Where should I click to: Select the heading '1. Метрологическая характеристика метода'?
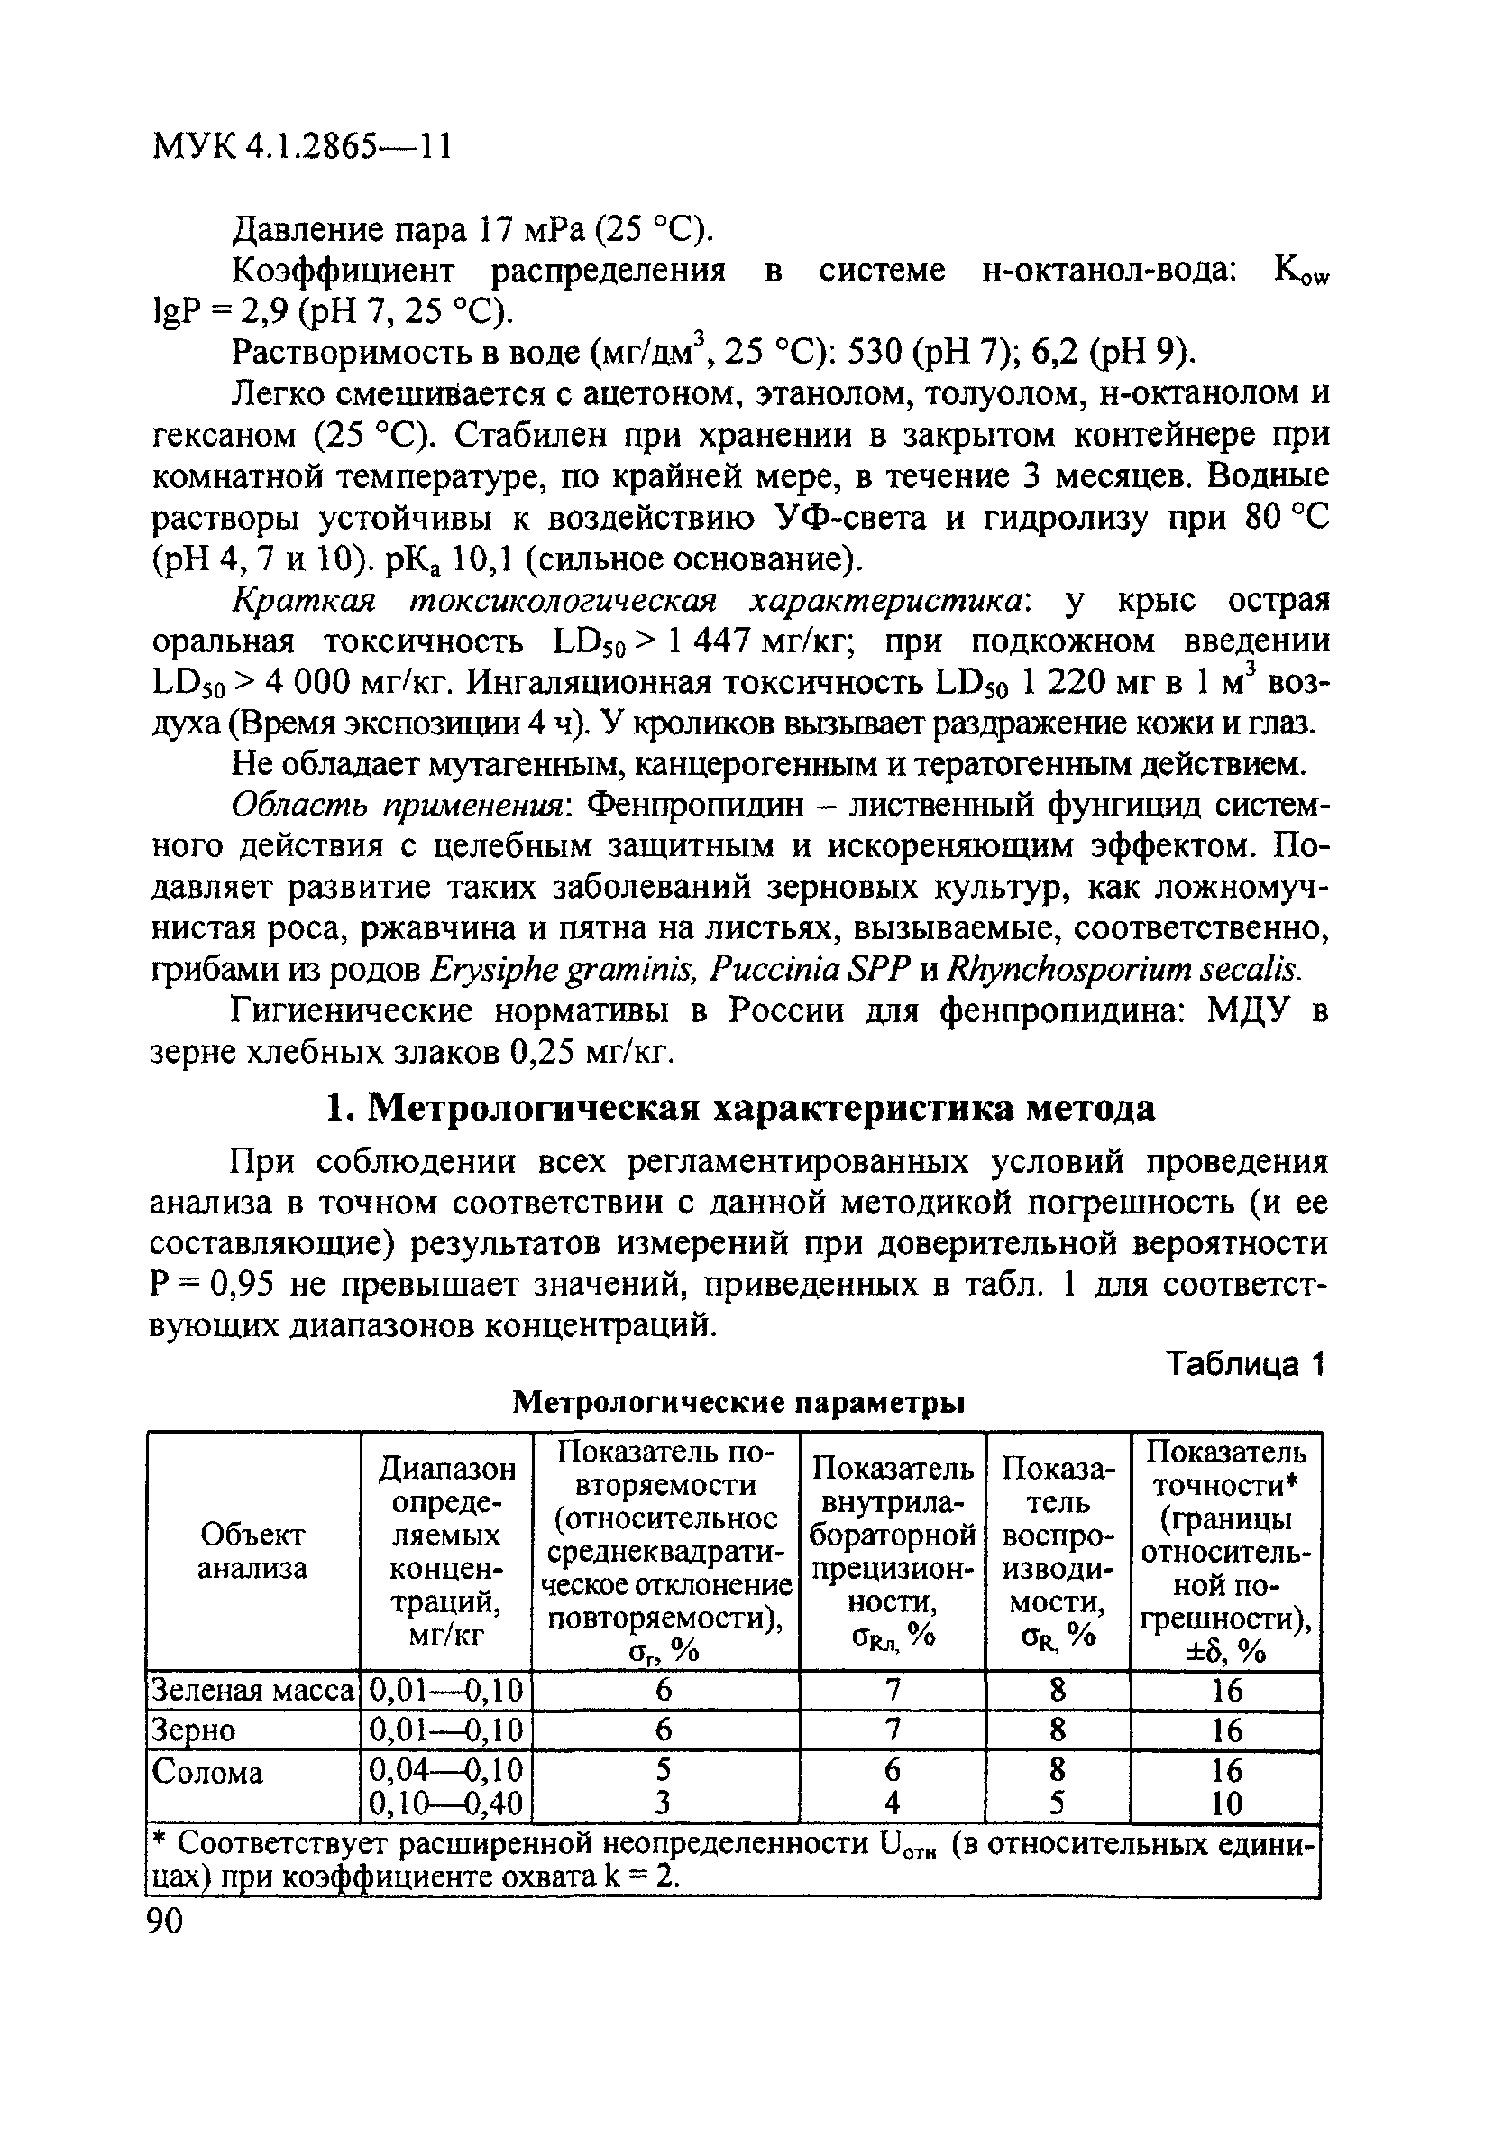click(x=741, y=1108)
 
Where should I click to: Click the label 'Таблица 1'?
click(x=1246, y=1363)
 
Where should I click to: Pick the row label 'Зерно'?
click(x=194, y=1730)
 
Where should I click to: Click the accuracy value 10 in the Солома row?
click(x=1226, y=1804)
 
